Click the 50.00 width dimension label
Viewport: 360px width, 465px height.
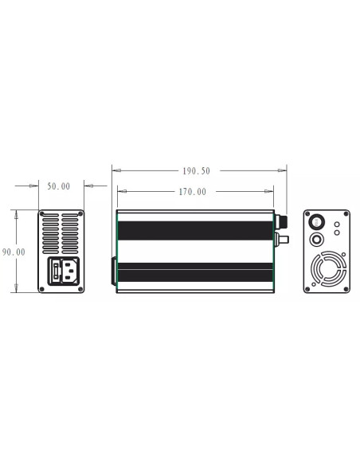[x=59, y=186]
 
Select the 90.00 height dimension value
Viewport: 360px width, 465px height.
[x=14, y=252]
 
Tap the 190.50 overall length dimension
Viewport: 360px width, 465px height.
[x=196, y=170]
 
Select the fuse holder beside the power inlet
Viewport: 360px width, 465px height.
[x=57, y=272]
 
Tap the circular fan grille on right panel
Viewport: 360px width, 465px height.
[x=327, y=269]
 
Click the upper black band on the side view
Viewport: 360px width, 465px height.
[x=196, y=232]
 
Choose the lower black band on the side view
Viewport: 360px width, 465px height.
[x=196, y=275]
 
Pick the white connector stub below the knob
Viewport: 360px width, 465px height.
[x=281, y=238]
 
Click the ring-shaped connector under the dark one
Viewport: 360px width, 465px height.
[x=317, y=240]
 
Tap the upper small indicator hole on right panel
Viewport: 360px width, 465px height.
[x=337, y=225]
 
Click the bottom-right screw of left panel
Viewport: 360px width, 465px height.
[x=80, y=289]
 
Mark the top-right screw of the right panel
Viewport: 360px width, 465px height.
[x=346, y=214]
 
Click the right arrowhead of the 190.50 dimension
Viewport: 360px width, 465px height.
[x=283, y=170]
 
